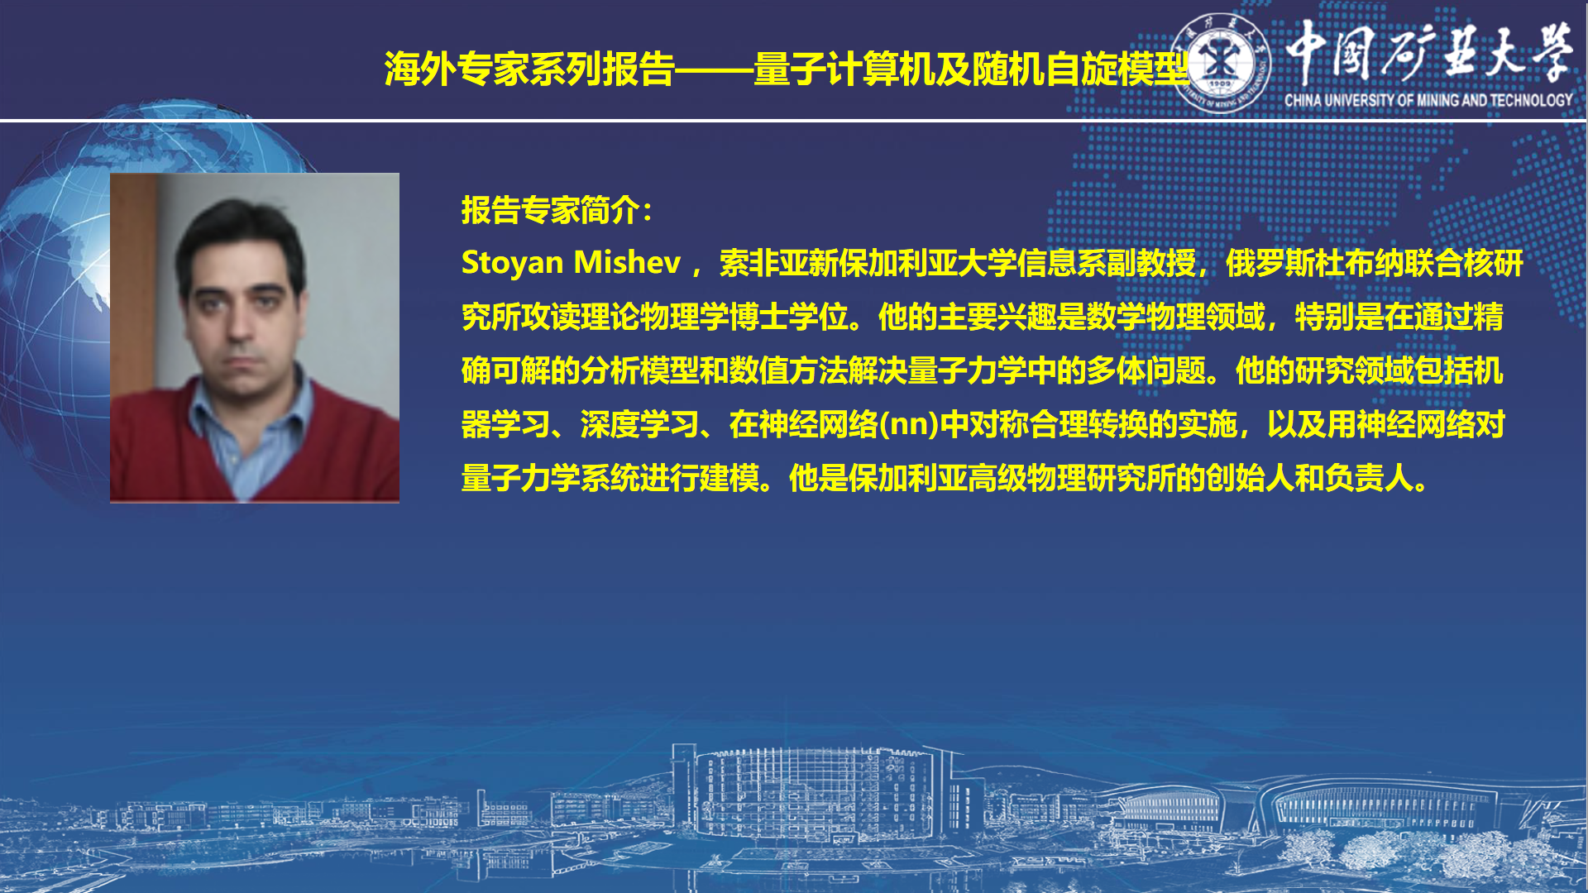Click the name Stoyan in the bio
(512, 263)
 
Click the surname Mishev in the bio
(627, 263)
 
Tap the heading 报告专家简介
(550, 210)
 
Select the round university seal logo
(1222, 64)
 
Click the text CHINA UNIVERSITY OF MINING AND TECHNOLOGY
(1428, 100)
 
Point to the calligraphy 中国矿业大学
(1429, 52)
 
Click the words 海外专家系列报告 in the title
(529, 69)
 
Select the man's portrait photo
(255, 337)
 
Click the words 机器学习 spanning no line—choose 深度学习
(639, 425)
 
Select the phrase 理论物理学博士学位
(715, 317)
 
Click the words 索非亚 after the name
(763, 263)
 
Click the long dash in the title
(715, 70)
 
